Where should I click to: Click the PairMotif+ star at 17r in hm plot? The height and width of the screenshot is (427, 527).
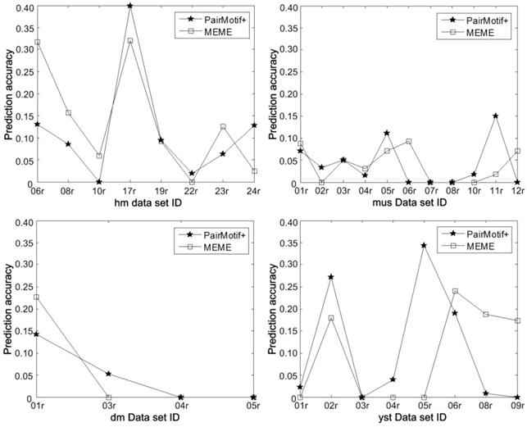129,6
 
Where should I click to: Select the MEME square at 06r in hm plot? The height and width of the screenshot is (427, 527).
37,42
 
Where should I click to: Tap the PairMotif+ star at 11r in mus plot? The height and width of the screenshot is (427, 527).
496,116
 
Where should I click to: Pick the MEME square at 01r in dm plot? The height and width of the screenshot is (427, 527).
37,298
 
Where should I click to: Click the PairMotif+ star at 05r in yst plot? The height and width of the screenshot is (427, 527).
423,245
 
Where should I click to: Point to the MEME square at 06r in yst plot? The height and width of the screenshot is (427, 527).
454,291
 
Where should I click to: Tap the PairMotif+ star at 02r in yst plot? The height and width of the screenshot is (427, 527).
329,277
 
